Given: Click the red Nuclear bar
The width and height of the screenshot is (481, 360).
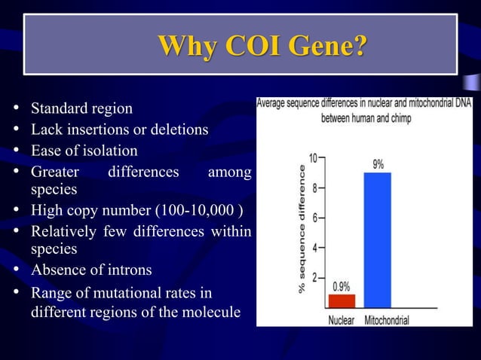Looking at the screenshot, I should click(x=342, y=300).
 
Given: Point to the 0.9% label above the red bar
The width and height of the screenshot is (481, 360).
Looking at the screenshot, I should click(x=342, y=286).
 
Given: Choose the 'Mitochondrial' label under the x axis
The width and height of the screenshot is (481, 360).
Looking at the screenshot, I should click(x=387, y=320).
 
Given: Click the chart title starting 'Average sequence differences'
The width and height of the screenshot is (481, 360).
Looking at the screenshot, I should click(x=364, y=112).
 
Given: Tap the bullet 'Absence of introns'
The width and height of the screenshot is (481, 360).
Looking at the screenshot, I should click(x=90, y=270).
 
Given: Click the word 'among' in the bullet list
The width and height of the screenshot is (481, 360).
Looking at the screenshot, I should click(x=229, y=172).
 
